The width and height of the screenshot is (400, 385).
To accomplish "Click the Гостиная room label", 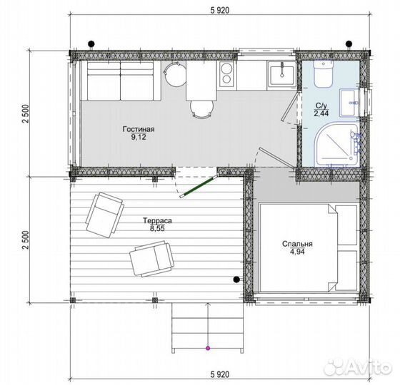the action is (x=139, y=129).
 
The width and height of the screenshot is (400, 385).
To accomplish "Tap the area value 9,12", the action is (x=139, y=137).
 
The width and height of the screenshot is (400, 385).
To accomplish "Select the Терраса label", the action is (x=157, y=220).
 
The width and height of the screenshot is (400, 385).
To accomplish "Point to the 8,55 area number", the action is (x=157, y=228).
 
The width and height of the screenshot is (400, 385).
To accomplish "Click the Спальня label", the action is (x=297, y=244).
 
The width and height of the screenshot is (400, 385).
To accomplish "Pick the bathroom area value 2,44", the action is (x=321, y=113).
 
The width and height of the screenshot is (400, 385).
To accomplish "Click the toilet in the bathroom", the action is (x=323, y=73).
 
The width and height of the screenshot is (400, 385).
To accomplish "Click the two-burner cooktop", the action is (x=227, y=73).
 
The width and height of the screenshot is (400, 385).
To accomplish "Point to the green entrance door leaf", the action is (x=199, y=187).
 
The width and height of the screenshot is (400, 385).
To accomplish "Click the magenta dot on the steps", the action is (x=208, y=348).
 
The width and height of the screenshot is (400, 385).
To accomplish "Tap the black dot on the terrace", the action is (x=236, y=279).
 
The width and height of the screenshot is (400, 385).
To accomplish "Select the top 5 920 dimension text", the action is (x=220, y=10).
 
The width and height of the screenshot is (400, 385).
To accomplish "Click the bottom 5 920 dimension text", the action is (x=220, y=374).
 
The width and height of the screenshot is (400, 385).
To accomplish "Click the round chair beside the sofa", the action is (x=175, y=74).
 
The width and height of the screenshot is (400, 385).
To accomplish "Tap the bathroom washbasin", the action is (x=349, y=103).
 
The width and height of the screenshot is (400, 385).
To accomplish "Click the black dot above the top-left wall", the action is (x=91, y=43).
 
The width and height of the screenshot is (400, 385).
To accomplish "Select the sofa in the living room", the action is (x=121, y=81).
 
